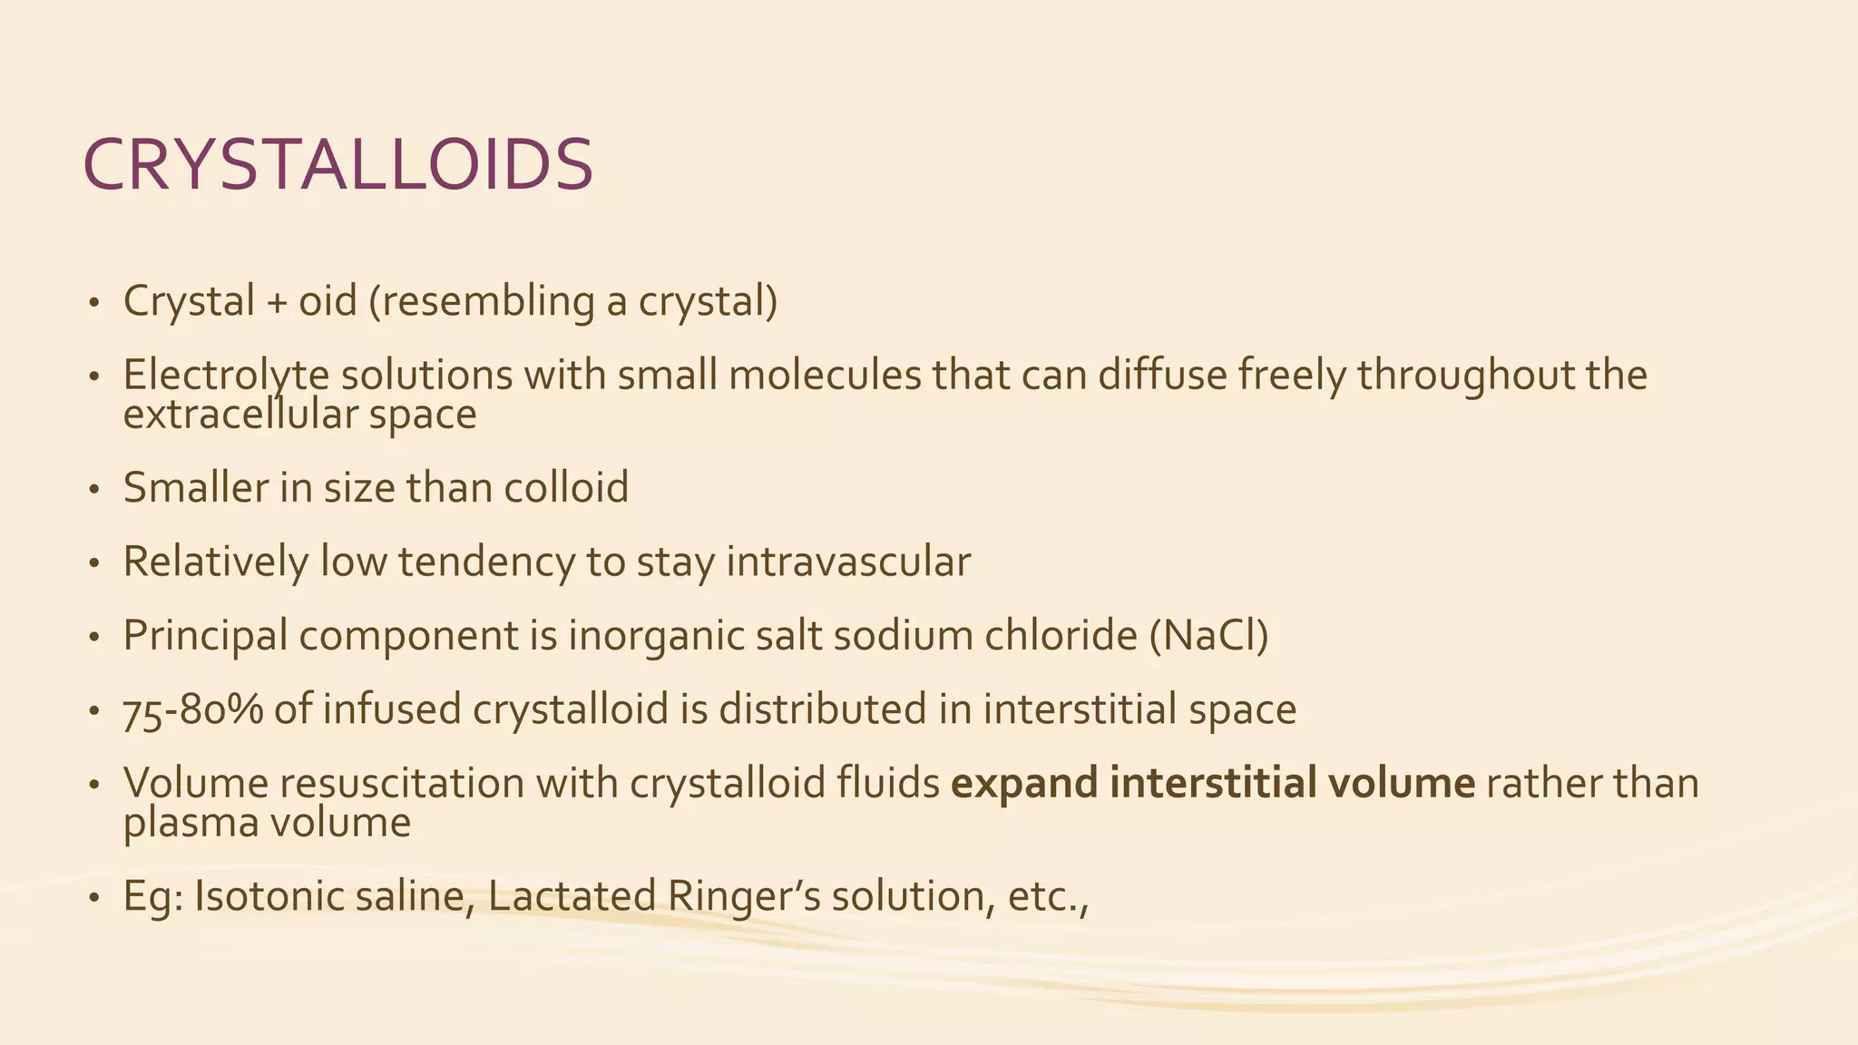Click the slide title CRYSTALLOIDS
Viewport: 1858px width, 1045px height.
pyautogui.click(x=337, y=165)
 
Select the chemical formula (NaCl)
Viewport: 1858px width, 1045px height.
pyautogui.click(x=1208, y=635)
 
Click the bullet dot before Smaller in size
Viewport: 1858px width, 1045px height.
pyautogui.click(x=93, y=490)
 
